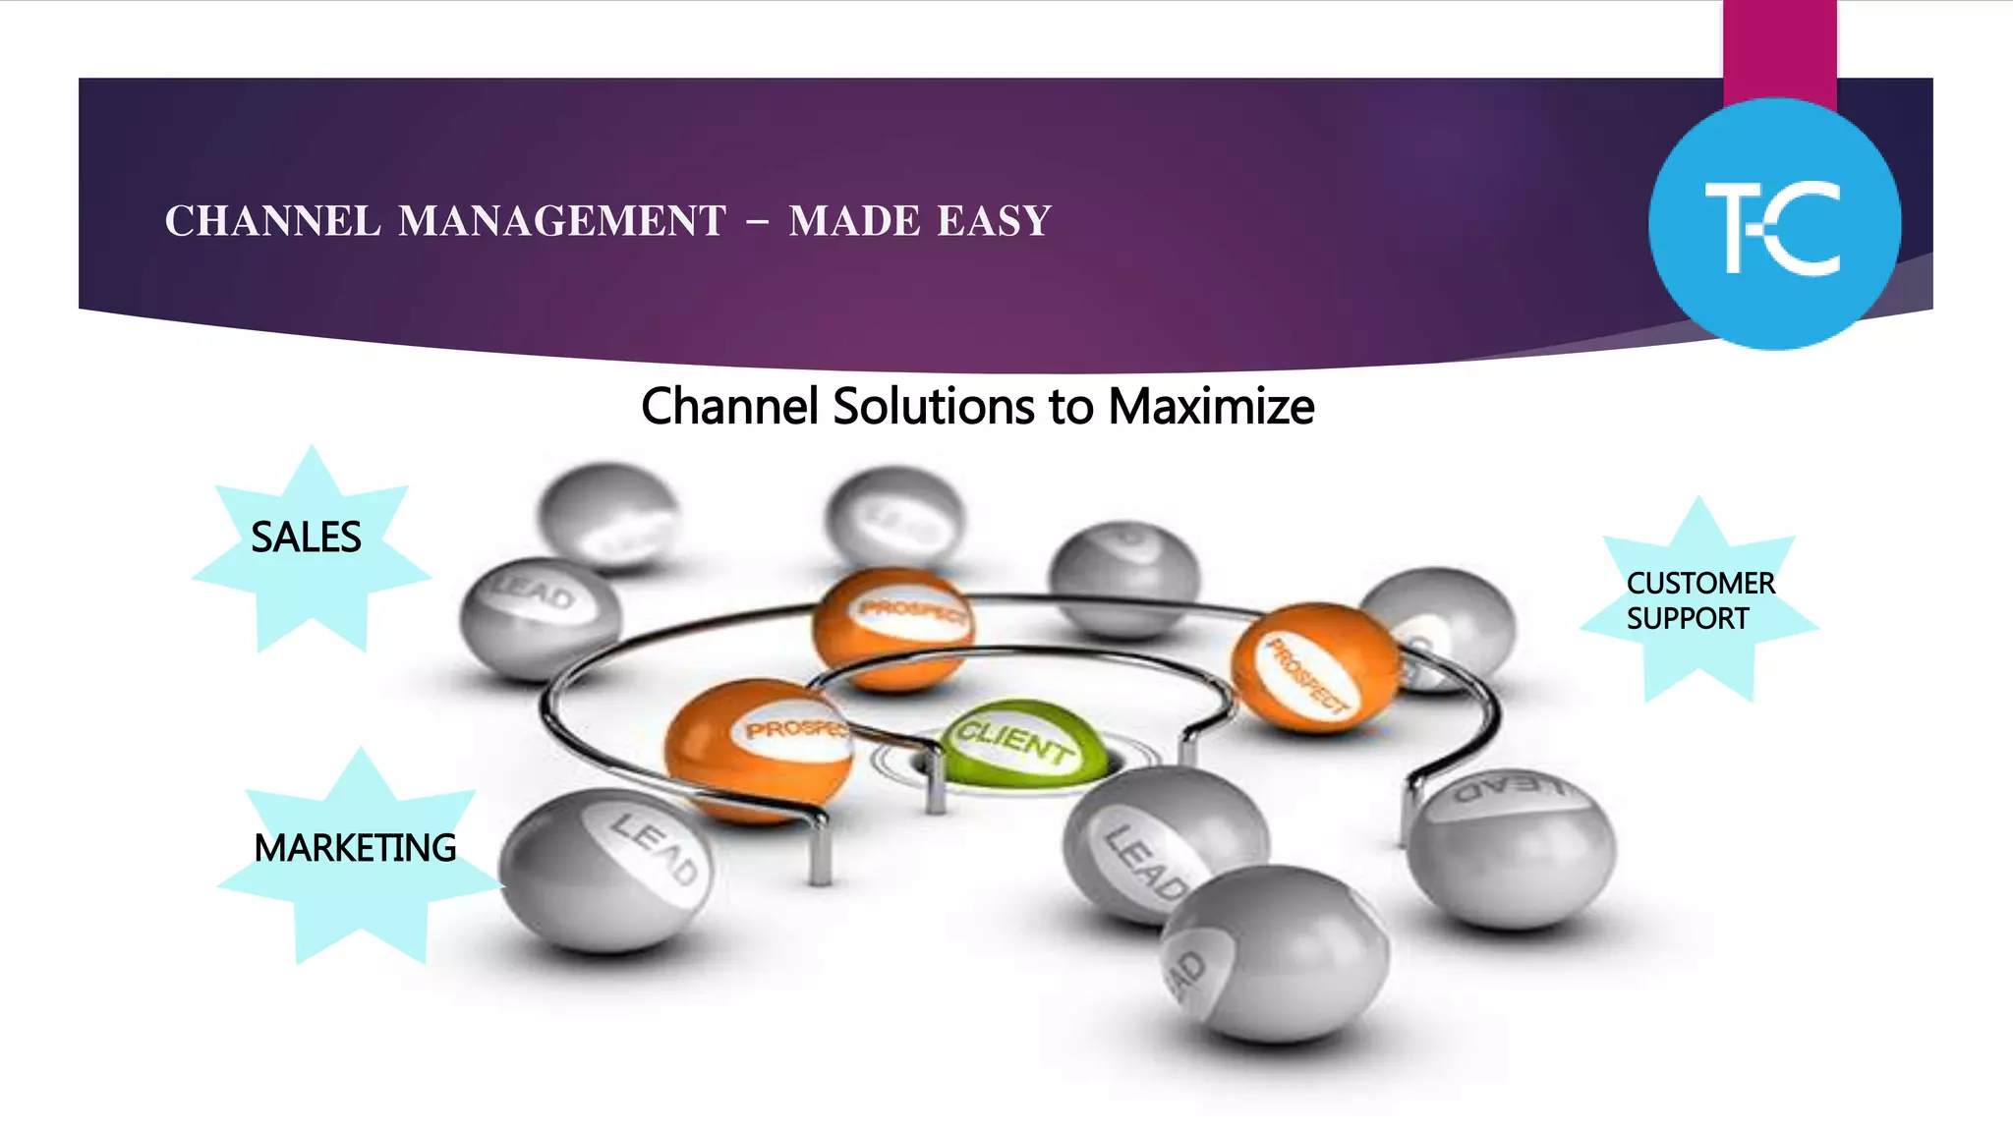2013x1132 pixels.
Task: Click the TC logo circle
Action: tap(1774, 224)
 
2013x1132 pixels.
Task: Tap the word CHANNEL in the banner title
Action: tap(272, 221)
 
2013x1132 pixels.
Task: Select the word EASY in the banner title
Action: tap(994, 221)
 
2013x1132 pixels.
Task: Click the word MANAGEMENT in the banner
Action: tap(562, 221)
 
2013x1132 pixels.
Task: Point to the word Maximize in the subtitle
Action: tap(1211, 406)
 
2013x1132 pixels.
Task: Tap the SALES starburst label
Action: tap(307, 538)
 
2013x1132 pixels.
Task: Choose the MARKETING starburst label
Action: tap(355, 848)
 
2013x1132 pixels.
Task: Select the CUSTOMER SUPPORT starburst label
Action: tap(1699, 600)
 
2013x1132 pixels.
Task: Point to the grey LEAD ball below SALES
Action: tap(540, 617)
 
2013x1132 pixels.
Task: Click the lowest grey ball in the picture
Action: tap(1276, 953)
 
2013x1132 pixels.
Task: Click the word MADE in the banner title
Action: tap(852, 221)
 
